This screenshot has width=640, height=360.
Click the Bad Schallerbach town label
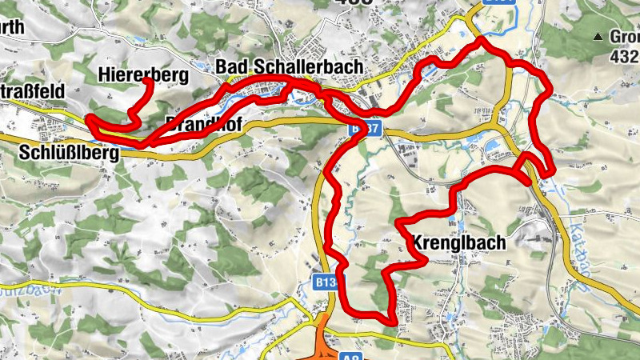coord(289,66)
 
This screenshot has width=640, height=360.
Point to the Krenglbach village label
coord(459,242)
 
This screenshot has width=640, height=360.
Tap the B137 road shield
coord(363,129)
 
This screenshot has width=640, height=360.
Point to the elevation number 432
coord(624,57)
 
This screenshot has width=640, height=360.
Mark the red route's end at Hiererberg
coord(148,81)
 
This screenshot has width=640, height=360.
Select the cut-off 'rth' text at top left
coord(12,27)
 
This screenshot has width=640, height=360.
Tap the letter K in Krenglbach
coord(418,243)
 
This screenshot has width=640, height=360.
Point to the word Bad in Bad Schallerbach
coord(232,66)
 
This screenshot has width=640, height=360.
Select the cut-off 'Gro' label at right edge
coord(625,37)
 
